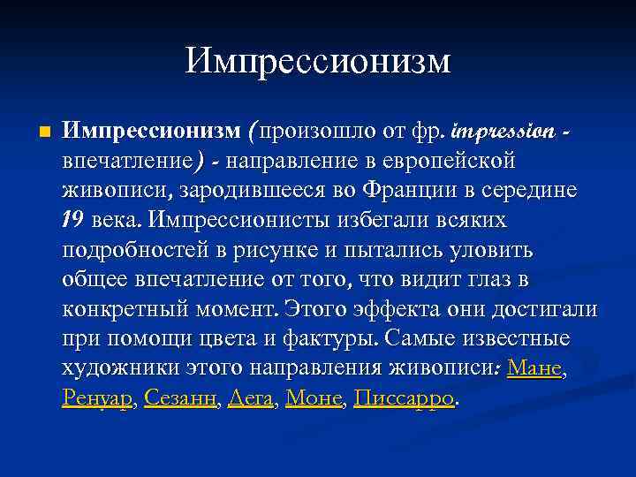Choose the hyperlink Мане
click(x=534, y=368)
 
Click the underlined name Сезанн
click(x=180, y=398)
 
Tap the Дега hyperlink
click(x=251, y=398)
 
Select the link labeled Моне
click(x=314, y=398)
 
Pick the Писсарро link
click(x=404, y=398)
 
